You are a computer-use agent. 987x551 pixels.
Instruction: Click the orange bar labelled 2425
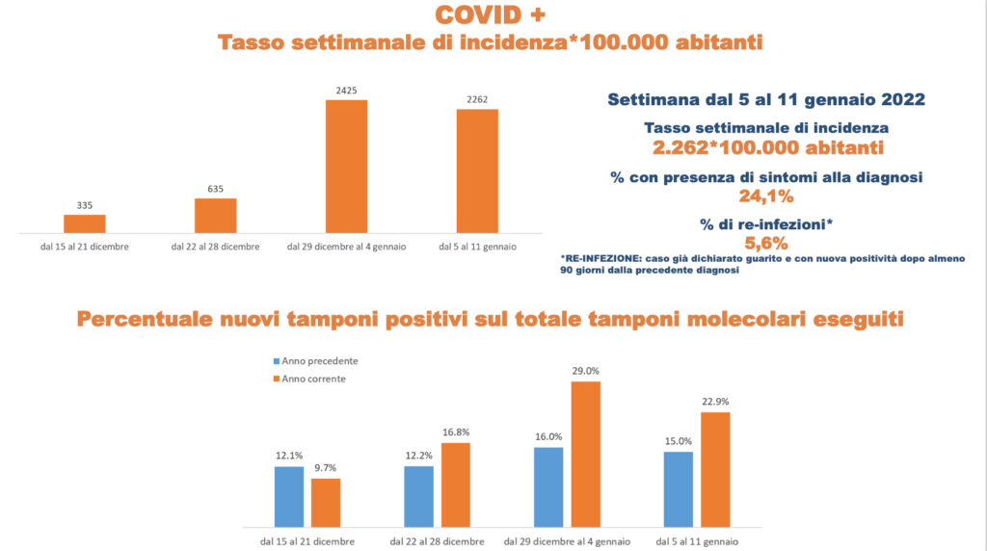pos(346,166)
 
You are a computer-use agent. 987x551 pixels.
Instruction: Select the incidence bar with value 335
pos(85,223)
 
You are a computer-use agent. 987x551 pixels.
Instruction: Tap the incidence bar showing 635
pos(215,216)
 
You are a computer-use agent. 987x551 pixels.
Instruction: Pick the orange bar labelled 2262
pos(477,171)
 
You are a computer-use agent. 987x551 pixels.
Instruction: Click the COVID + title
pos(490,14)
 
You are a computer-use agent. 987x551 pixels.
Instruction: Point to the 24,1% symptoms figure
pos(765,197)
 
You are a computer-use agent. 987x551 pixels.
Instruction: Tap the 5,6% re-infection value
pos(766,243)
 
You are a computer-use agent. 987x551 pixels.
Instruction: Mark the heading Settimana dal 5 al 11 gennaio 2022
pos(765,99)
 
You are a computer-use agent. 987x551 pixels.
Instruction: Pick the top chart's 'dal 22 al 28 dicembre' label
pos(215,248)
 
